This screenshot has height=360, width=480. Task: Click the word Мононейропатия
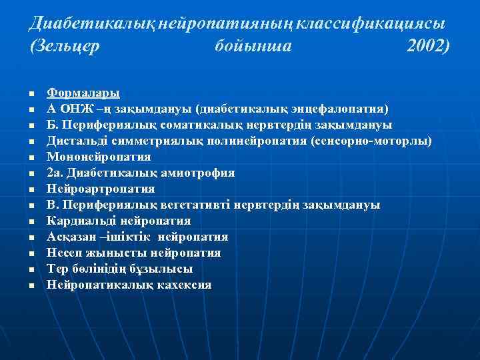pos(99,157)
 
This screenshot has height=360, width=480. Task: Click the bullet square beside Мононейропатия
pos(31,158)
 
